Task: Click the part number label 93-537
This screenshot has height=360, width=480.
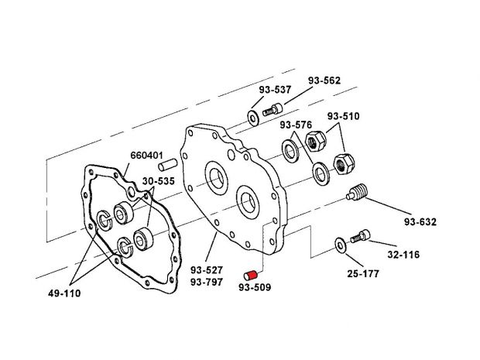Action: (275, 89)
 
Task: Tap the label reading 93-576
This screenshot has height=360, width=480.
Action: (296, 124)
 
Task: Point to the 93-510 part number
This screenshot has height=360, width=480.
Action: (343, 117)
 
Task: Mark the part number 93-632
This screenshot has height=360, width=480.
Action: (420, 222)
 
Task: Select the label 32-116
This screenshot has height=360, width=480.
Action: (404, 252)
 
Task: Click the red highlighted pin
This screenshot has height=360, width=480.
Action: (251, 274)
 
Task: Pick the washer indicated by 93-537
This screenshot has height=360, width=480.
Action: (253, 118)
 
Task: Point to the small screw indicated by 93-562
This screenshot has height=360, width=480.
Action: (271, 112)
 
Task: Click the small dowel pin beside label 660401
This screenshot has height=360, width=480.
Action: (170, 164)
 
